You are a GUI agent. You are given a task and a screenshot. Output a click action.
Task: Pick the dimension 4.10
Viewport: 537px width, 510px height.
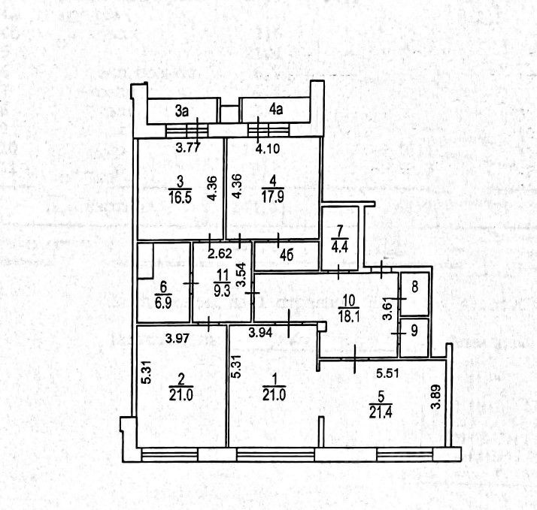(x=268, y=148)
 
